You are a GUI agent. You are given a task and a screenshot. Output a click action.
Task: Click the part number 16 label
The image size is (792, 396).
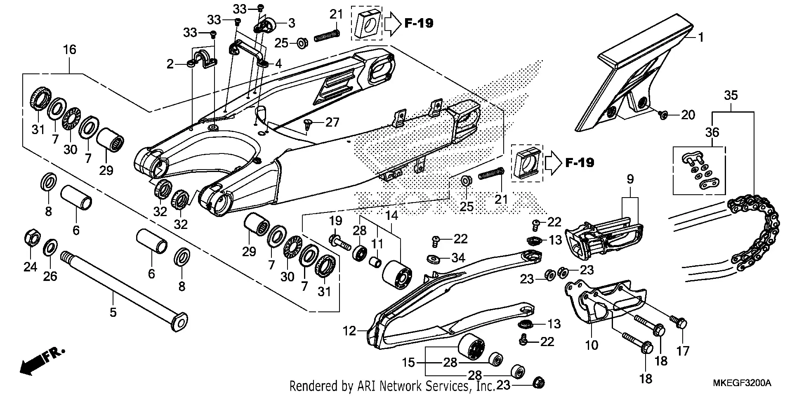(69, 50)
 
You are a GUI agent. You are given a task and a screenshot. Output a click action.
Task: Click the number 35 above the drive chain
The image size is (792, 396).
(731, 96)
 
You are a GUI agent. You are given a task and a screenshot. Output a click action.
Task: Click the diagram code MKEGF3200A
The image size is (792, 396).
(742, 383)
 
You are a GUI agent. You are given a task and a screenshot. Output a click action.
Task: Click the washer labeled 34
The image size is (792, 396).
(434, 259)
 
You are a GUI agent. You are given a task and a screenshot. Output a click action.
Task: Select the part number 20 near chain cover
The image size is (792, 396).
(688, 115)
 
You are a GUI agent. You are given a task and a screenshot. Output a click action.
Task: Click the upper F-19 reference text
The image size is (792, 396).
(418, 24)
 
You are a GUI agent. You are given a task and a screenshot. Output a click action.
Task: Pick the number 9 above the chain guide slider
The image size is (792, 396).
(630, 179)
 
